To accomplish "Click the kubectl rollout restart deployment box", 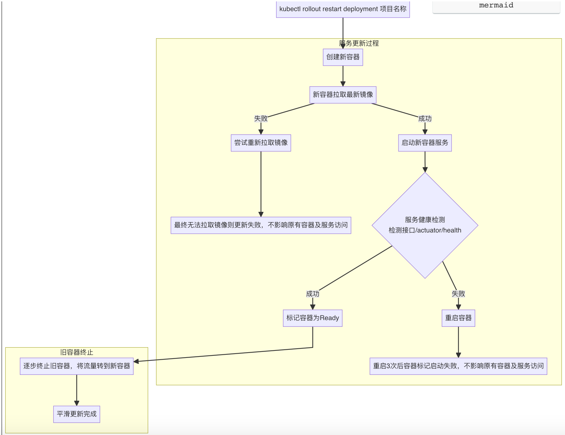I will [x=343, y=9].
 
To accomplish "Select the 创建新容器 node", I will [x=343, y=57].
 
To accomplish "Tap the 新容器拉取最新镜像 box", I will [x=343, y=95].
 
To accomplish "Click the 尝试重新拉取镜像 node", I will [x=261, y=143].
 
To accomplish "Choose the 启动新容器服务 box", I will [x=425, y=143].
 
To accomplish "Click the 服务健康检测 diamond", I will [x=425, y=225].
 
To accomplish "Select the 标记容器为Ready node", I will [x=313, y=318].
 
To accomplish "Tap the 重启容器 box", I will [x=458, y=318].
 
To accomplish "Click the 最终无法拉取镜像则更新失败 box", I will [x=261, y=225].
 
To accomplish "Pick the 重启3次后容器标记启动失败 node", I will [x=458, y=366].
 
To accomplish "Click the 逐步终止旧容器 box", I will [x=77, y=366].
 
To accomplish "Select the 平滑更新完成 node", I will [x=77, y=414].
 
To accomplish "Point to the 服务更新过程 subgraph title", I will [x=359, y=43].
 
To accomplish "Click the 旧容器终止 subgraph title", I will [x=77, y=352].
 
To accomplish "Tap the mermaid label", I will [x=496, y=5].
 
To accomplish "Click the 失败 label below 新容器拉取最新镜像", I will [x=261, y=118].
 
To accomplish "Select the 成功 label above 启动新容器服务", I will [x=425, y=118].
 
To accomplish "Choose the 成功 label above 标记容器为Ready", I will [x=313, y=294].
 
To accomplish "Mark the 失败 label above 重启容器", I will [x=458, y=294].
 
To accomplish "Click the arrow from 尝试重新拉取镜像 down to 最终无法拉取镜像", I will [x=261, y=184].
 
